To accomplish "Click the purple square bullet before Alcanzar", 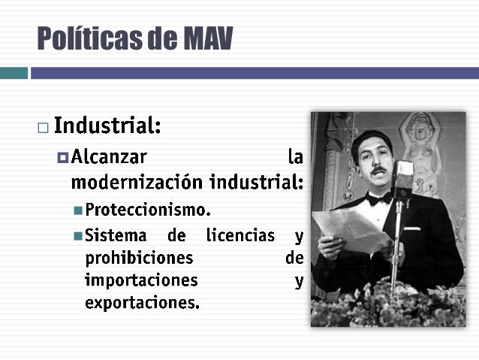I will [x=62, y=158].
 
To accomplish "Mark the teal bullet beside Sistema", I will [x=78, y=235].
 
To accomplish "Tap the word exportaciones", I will [x=142, y=304].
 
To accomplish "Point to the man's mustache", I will [x=379, y=171].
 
